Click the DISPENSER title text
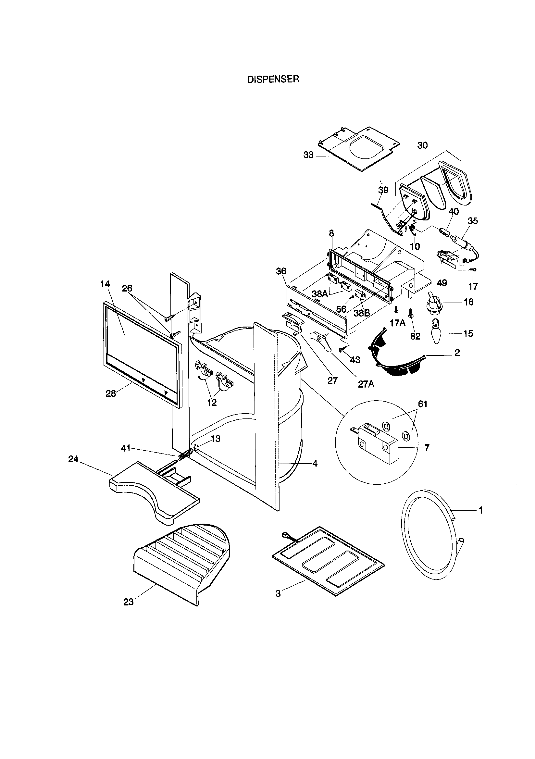tap(273, 80)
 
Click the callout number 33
tap(308, 155)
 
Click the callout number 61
tap(423, 404)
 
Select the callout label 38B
tap(361, 313)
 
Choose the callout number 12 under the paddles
tap(212, 403)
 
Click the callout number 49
tap(442, 283)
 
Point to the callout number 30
tap(422, 145)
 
